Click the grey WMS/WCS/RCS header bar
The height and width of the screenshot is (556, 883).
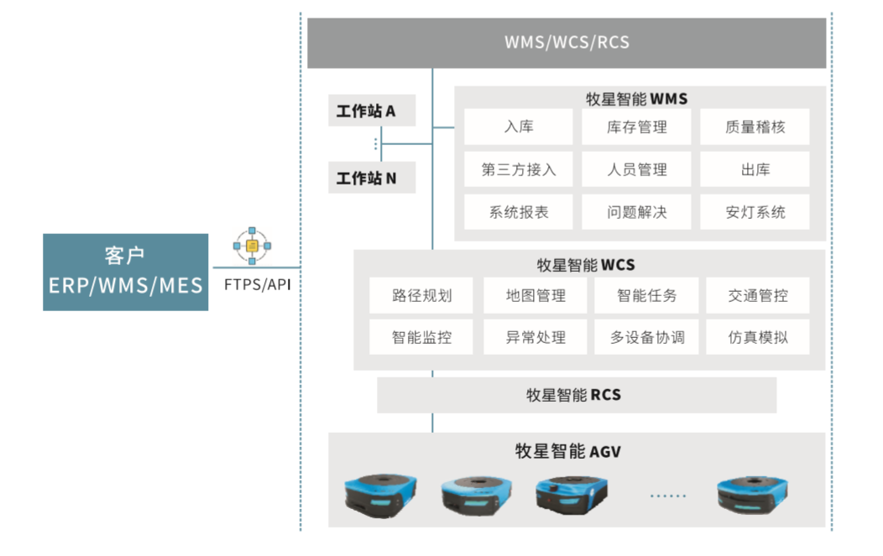tap(567, 42)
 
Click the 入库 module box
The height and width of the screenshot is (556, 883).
tap(519, 127)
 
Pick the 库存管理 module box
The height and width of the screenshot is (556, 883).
tap(636, 127)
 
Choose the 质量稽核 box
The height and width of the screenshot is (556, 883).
tap(755, 127)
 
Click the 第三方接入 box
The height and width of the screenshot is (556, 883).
tap(519, 169)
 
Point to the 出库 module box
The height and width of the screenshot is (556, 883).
tap(755, 169)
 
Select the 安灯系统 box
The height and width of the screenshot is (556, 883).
tap(755, 212)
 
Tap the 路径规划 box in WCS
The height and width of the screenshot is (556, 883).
tap(421, 295)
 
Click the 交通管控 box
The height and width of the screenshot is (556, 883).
tap(757, 295)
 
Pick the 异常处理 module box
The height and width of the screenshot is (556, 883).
tap(535, 338)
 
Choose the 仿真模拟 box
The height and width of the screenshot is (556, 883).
tap(757, 338)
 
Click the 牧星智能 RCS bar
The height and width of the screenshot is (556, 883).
tap(576, 395)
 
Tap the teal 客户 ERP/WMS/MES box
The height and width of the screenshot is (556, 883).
tap(125, 272)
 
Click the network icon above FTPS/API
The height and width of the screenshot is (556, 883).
tap(252, 246)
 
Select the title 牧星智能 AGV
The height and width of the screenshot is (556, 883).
tap(567, 452)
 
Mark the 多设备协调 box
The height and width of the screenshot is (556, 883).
tap(646, 338)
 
